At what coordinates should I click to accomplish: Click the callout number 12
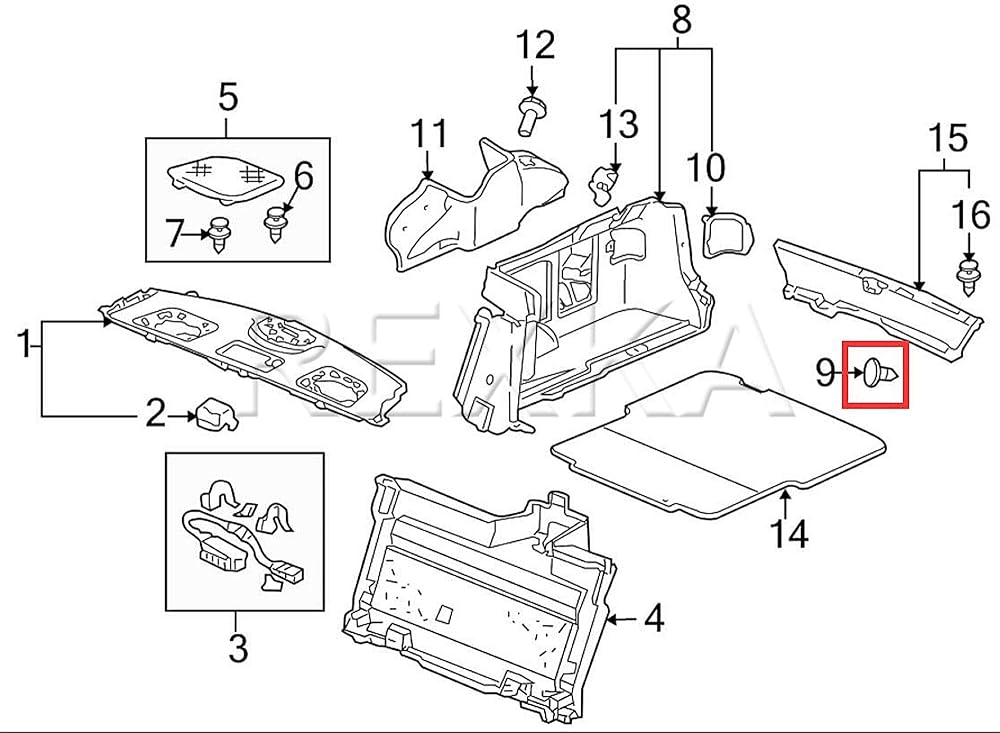tap(534, 45)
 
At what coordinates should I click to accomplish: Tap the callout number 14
tap(788, 534)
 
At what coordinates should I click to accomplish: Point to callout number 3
tap(237, 649)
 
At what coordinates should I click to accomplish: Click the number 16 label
tap(969, 215)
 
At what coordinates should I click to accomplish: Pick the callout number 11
tap(429, 132)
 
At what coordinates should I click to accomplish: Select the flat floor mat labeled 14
tap(720, 440)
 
